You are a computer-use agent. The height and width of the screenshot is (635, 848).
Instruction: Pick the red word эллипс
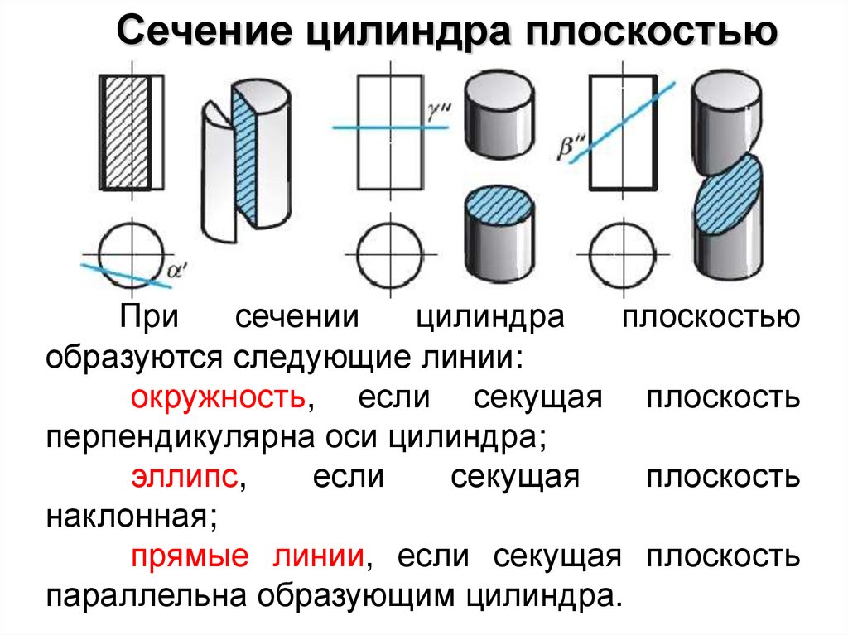185,478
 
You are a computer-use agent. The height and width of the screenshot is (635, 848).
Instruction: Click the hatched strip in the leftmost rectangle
127,132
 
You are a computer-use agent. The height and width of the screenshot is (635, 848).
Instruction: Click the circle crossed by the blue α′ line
128,251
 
